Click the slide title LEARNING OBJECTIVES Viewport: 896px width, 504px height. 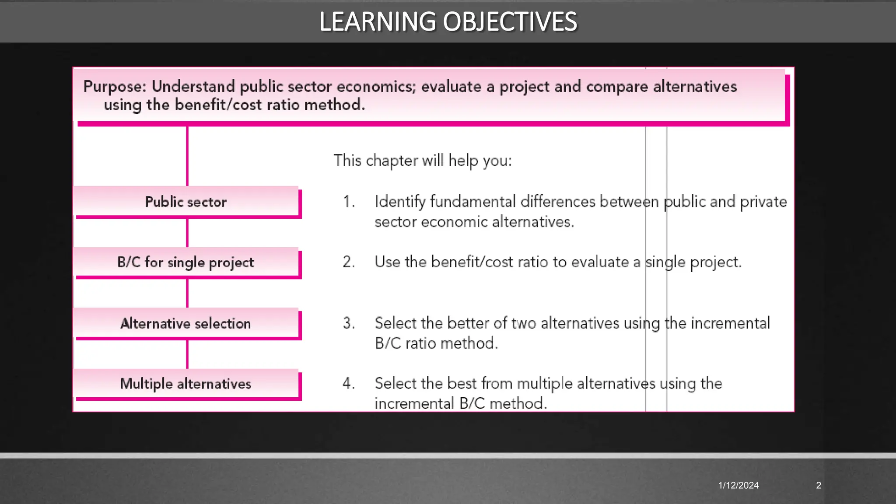click(x=448, y=21)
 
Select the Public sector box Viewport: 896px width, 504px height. click(x=186, y=202)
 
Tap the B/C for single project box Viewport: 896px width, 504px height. click(x=186, y=262)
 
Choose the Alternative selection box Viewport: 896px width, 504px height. click(x=186, y=323)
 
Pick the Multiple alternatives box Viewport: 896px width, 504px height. click(x=186, y=384)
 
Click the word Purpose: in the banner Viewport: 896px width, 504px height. click(x=115, y=86)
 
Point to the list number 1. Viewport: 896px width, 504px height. click(x=349, y=202)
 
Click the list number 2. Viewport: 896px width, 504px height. click(x=349, y=262)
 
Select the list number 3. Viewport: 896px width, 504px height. click(x=349, y=323)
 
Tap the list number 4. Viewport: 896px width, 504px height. click(x=349, y=383)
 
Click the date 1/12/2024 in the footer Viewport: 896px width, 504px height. click(x=738, y=485)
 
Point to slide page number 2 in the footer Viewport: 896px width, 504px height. click(x=819, y=485)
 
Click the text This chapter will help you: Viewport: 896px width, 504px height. click(x=423, y=161)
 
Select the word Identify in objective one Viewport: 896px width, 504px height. click(x=400, y=202)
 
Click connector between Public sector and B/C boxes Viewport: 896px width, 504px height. click(x=187, y=232)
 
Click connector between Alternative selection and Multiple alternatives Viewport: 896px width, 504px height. click(x=187, y=354)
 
